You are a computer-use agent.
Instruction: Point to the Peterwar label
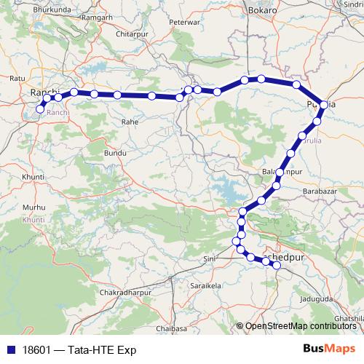[184, 43]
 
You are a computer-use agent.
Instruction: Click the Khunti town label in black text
[33, 177]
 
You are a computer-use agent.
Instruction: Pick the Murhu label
[34, 207]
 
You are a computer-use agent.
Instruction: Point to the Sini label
[210, 258]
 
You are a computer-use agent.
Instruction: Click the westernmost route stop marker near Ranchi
[40, 110]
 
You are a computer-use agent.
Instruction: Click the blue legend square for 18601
[11, 349]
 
